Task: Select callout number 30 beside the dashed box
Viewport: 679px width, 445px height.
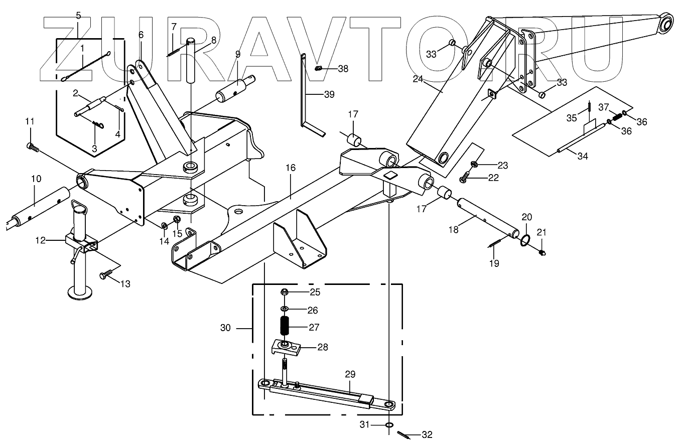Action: (x=225, y=328)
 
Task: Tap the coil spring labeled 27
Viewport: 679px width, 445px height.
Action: (x=285, y=328)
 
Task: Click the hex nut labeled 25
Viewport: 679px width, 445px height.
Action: (x=284, y=292)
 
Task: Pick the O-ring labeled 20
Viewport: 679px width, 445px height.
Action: (x=525, y=240)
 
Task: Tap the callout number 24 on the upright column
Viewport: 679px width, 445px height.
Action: (x=419, y=78)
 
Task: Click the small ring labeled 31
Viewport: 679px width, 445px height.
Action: (x=389, y=425)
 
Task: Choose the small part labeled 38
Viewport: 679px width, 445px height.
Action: (x=317, y=69)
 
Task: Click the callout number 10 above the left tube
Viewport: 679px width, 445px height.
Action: (x=36, y=179)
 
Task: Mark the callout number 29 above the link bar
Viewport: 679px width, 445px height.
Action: (x=350, y=374)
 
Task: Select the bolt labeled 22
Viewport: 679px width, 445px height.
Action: (x=464, y=177)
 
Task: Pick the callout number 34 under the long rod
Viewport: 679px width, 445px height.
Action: (x=582, y=157)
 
